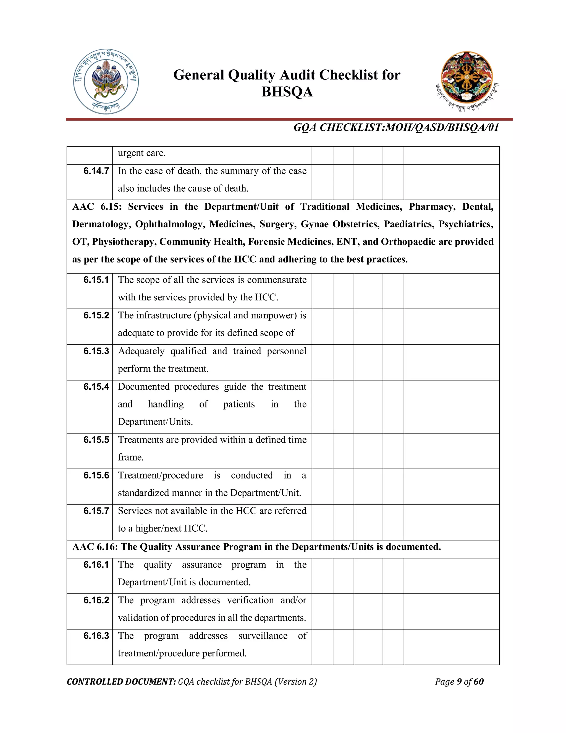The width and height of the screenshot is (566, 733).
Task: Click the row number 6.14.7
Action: [96, 171]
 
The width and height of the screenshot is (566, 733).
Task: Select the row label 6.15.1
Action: [96, 280]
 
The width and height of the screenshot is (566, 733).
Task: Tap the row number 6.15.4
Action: [96, 387]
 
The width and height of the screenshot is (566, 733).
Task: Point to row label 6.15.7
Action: [96, 511]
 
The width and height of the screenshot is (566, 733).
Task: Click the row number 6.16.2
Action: [96, 600]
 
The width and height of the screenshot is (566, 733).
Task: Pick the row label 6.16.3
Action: [96, 636]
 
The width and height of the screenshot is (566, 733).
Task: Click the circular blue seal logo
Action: [106, 82]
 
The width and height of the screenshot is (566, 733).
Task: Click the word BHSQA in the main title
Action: [287, 92]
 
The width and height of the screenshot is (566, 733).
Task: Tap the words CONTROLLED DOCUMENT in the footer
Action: [121, 682]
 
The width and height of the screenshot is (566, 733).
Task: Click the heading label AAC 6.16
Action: [95, 547]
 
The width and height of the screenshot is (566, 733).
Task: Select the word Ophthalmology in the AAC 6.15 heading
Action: [170, 224]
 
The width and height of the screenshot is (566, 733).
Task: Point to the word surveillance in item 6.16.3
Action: [263, 636]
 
